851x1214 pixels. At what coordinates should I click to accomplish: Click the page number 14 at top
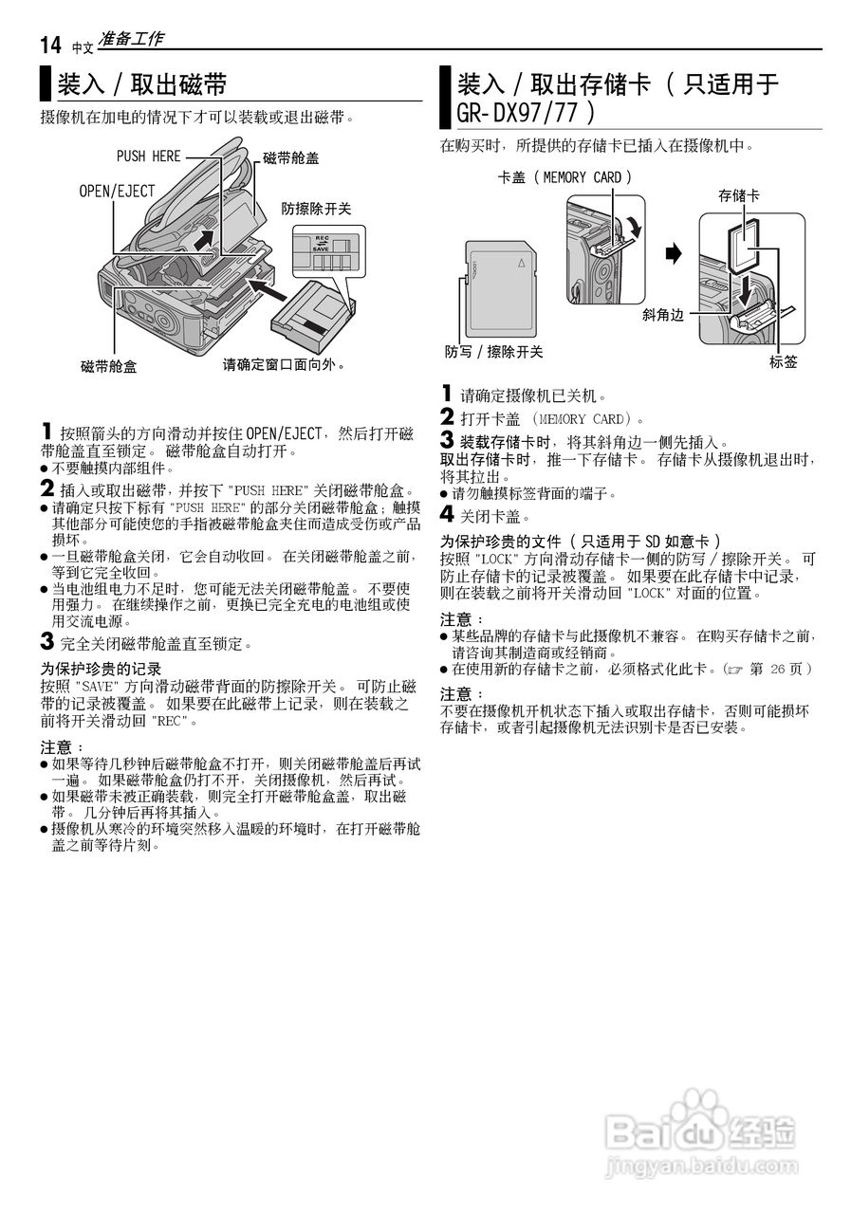click(x=50, y=45)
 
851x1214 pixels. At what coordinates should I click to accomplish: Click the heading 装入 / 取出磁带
click(x=142, y=85)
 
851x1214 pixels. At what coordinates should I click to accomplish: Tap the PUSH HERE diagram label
click(x=148, y=156)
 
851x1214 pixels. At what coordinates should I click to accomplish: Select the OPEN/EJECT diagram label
click(x=117, y=192)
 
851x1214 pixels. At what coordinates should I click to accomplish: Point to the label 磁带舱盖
click(x=290, y=158)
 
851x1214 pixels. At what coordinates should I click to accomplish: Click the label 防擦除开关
click(x=316, y=209)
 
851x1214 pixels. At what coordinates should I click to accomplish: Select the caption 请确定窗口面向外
click(x=284, y=364)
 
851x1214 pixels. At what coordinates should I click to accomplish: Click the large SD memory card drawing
click(x=502, y=285)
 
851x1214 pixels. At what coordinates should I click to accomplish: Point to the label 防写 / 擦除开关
click(x=494, y=352)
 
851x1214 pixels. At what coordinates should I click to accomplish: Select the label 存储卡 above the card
click(x=738, y=195)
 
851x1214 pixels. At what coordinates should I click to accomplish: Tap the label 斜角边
click(x=662, y=316)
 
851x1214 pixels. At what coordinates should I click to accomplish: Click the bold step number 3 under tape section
click(x=46, y=642)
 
